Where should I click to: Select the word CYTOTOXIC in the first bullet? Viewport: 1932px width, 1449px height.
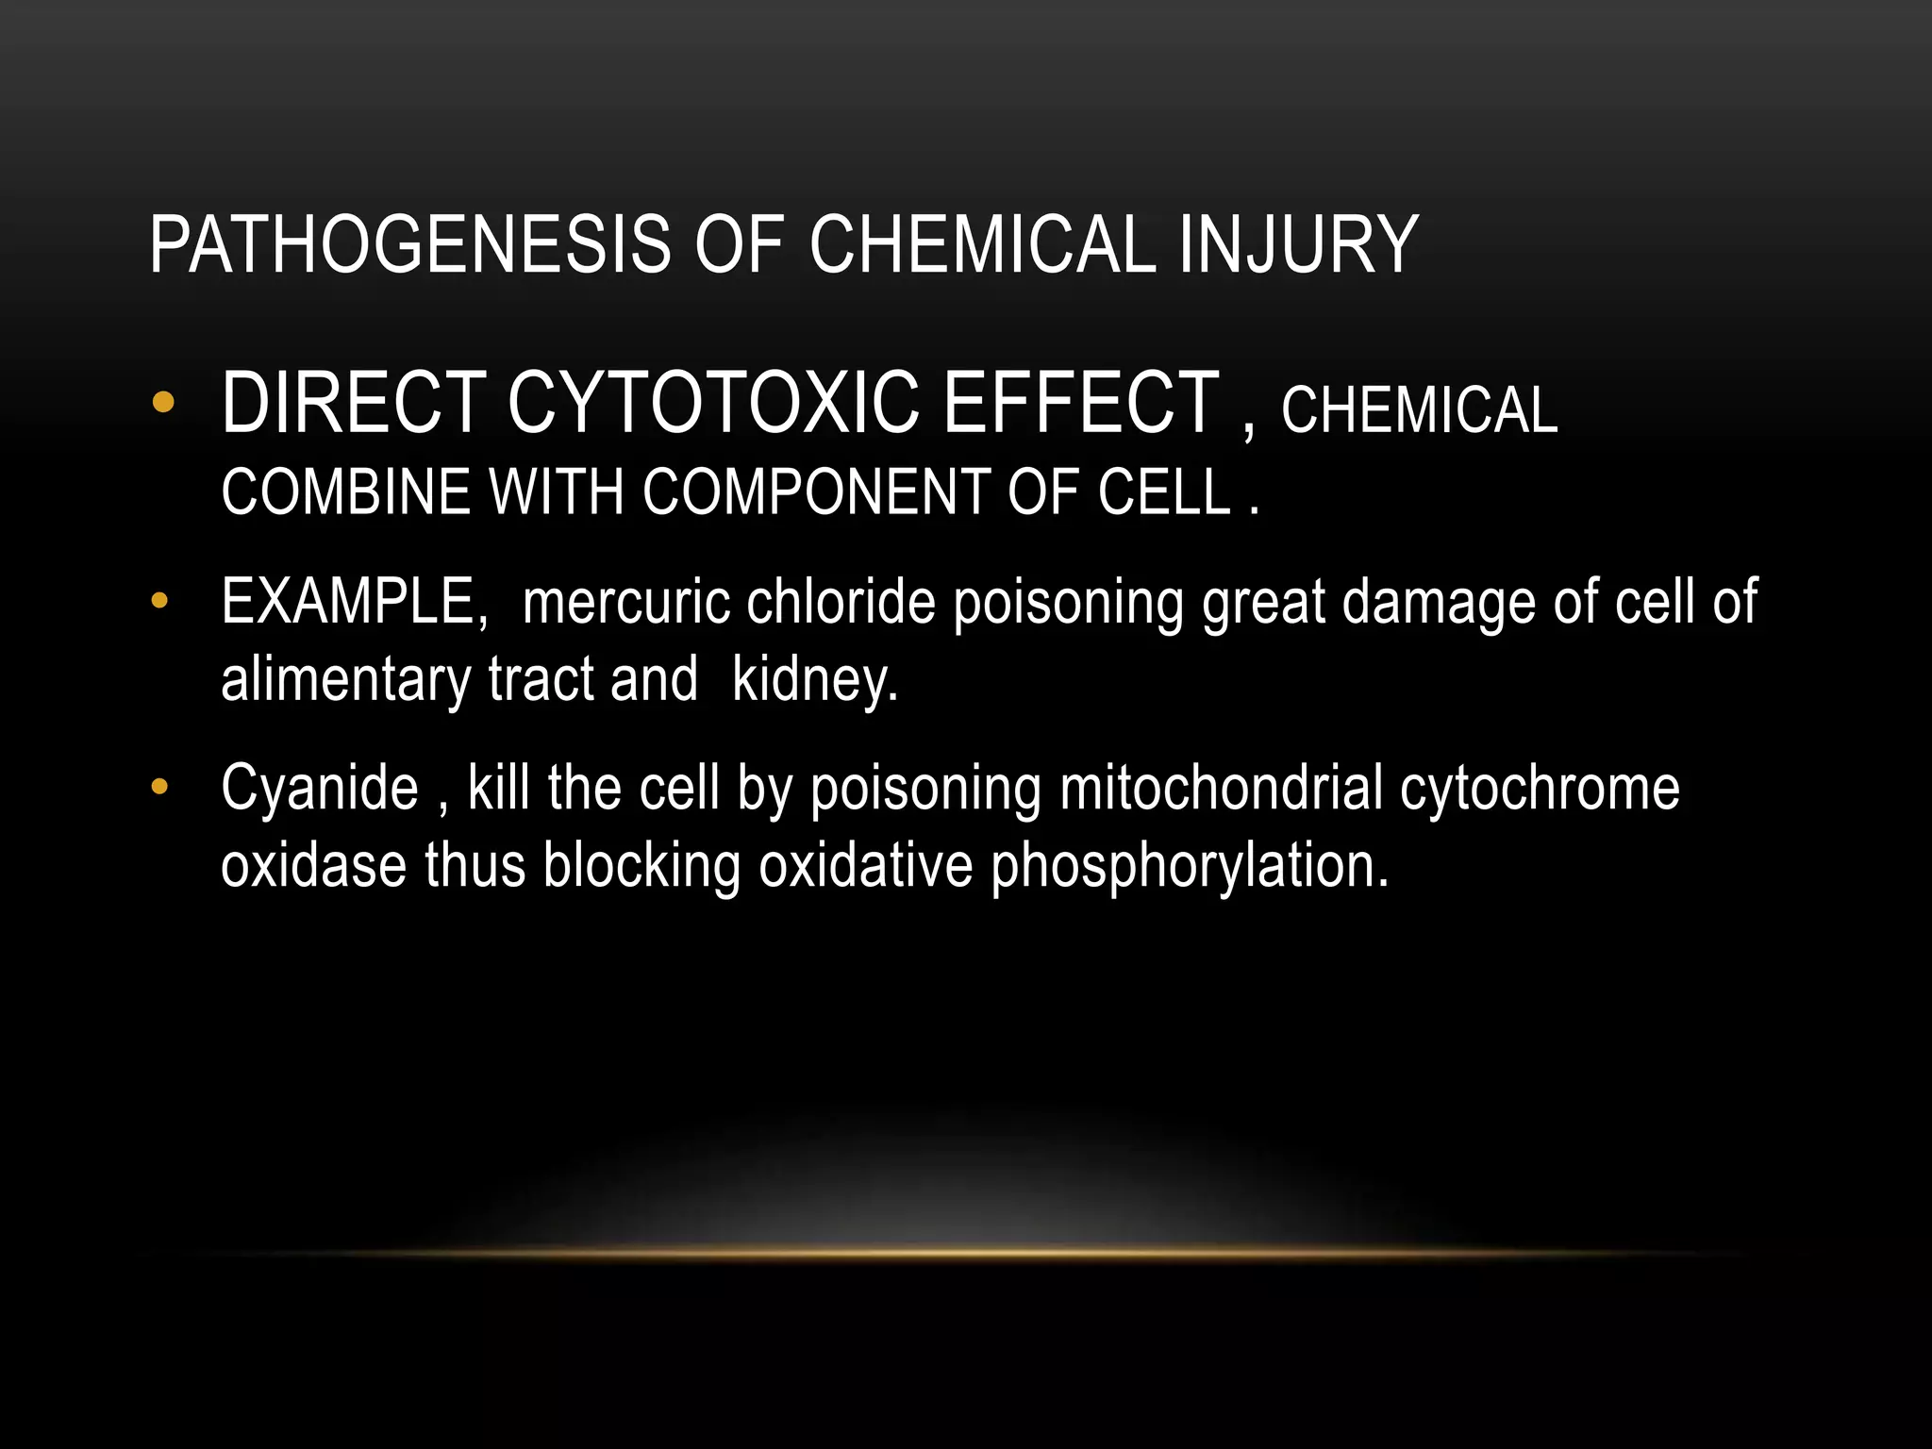click(x=712, y=404)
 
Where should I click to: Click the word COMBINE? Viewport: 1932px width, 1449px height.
click(x=344, y=492)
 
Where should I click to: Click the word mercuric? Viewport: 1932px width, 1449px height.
click(x=626, y=602)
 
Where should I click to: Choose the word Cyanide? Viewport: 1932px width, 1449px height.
click(x=319, y=789)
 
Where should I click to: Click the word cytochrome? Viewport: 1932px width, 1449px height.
click(x=1540, y=789)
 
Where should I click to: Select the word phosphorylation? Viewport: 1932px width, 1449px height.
click(x=1189, y=866)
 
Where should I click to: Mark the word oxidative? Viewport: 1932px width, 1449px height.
click(x=865, y=866)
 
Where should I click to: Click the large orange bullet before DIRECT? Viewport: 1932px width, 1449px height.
click(x=162, y=404)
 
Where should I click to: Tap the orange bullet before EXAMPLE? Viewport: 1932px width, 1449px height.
click(x=159, y=601)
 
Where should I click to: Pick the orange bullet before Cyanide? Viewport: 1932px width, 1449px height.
click(x=159, y=787)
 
